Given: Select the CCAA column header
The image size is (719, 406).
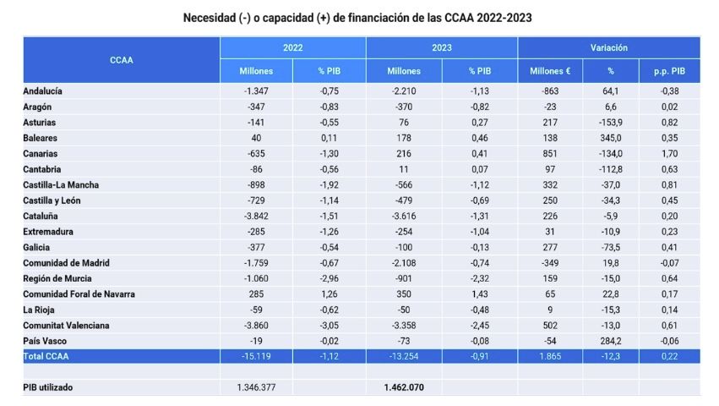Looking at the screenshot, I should [x=121, y=59].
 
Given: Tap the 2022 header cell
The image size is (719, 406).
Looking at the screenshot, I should [x=293, y=48].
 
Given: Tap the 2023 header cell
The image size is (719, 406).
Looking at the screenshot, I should [x=441, y=48].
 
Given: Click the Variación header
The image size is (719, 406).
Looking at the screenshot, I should [x=608, y=48].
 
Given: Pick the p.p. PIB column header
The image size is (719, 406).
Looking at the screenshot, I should [x=668, y=71].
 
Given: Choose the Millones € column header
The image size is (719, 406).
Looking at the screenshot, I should [x=550, y=71].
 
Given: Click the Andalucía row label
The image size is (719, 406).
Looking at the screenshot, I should [x=43, y=91].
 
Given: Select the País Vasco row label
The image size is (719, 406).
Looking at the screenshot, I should [x=45, y=341].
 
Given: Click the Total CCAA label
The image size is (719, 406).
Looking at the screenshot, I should [x=46, y=356].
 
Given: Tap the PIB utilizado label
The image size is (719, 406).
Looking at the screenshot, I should [x=48, y=387].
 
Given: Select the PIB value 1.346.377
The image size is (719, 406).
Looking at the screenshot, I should [x=257, y=387].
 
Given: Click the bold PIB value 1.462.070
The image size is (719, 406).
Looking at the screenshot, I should [x=404, y=387].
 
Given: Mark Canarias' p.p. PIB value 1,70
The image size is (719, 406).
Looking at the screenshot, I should [x=668, y=153].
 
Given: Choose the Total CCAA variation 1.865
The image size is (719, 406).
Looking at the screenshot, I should [x=550, y=356].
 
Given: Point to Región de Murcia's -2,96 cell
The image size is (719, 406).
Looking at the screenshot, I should [x=330, y=278].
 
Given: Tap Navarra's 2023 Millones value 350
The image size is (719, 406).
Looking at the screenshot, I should [x=404, y=294].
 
